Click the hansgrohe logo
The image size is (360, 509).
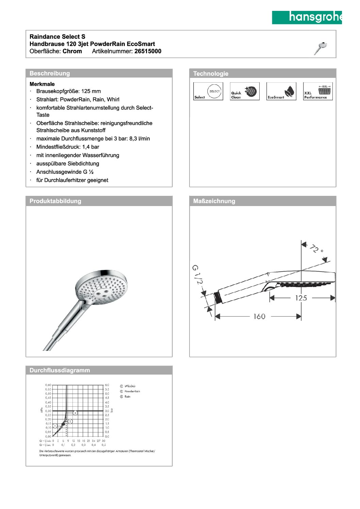tap(307, 17)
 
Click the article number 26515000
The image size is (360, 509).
tap(148, 51)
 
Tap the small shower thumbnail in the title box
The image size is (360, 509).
tap(321, 48)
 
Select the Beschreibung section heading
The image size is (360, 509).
tap(50, 73)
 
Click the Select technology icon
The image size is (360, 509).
tap(208, 91)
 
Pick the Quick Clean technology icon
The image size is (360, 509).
tap(245, 91)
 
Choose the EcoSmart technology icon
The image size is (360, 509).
tap(281, 91)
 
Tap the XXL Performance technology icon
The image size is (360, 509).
tap(318, 91)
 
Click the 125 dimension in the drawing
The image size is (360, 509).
tap(301, 298)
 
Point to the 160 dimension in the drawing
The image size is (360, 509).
tap(259, 317)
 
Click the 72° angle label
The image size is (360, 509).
tap(316, 249)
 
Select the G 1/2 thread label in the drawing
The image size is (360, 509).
tap(197, 274)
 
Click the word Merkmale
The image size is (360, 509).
tap(42, 84)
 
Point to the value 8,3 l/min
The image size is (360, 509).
tap(140, 139)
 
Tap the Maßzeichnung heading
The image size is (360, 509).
tap(214, 201)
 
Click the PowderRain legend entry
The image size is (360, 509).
tap(132, 391)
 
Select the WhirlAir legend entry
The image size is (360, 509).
tap(130, 386)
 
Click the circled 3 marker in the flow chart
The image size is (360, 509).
tap(75, 413)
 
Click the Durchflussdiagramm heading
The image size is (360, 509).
tap(60, 370)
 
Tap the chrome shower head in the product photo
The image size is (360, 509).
tap(102, 287)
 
